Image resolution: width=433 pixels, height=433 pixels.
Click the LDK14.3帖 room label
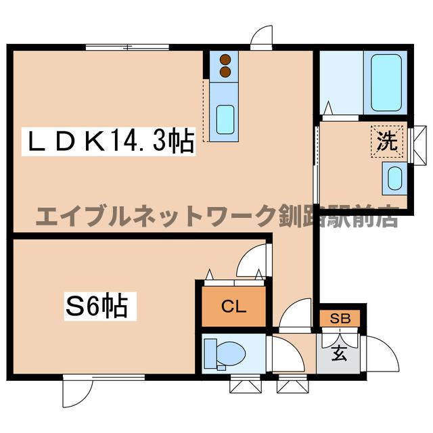pos(110,142)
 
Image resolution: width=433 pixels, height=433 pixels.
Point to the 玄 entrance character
pos(339,352)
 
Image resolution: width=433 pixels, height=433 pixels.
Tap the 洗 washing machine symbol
pos(386,143)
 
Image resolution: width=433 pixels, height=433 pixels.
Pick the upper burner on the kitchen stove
pos(225,60)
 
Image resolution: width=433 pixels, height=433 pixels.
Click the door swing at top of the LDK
pos(261,37)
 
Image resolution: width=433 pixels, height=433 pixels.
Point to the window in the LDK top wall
pos(127,46)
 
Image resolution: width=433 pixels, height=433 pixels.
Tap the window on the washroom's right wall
pos(417,143)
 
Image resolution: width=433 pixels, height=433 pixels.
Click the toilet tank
pos(209,352)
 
